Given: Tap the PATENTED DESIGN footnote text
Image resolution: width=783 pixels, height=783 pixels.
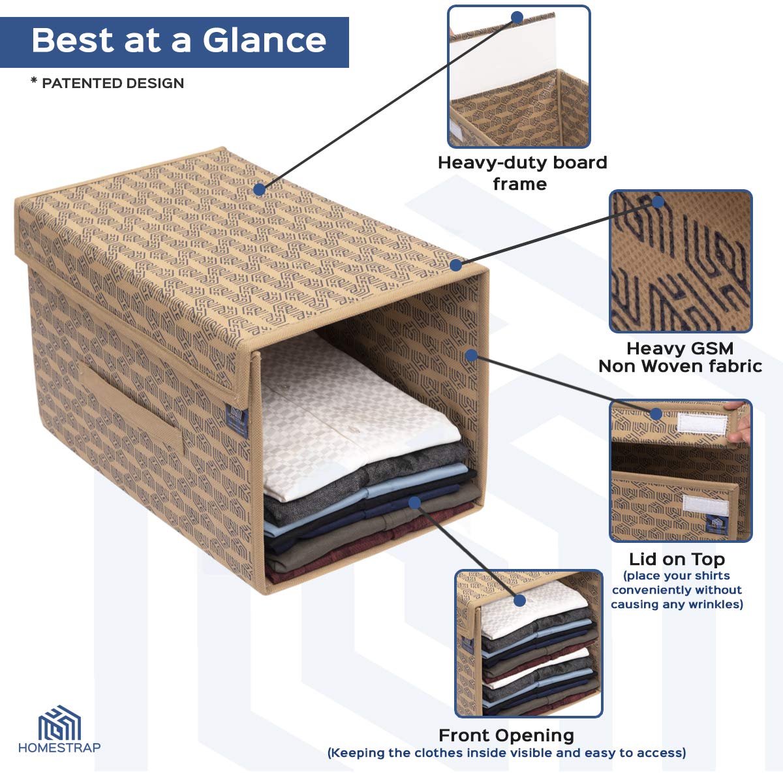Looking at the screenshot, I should [108, 84].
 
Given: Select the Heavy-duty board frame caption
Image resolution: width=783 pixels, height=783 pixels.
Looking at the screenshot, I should [522, 173].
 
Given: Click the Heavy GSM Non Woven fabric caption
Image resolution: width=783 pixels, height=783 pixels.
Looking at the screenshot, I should [680, 357].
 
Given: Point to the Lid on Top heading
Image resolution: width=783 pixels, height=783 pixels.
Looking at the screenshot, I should [677, 559].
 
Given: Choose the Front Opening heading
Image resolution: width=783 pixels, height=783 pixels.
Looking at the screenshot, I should [506, 735].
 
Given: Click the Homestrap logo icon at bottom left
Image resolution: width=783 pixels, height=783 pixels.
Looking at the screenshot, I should [59, 723].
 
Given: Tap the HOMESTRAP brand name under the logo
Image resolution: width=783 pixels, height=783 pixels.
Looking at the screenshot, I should [59, 748].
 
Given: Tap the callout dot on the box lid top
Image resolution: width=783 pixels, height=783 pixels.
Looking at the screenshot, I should [259, 189].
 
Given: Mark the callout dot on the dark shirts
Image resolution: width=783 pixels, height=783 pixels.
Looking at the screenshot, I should [414, 502].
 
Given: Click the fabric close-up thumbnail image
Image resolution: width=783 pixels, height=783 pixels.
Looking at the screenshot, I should [681, 261].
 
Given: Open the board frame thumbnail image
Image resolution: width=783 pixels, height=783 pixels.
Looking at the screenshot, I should [519, 76].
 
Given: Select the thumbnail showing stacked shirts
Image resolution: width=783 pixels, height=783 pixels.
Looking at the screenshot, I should [529, 643].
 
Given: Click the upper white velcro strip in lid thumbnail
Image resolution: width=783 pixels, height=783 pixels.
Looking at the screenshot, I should [701, 423].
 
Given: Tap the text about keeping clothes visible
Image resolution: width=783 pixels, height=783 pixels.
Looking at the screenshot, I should [506, 753].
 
